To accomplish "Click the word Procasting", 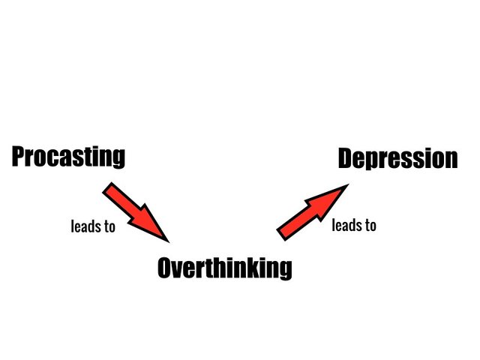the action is click(68, 157).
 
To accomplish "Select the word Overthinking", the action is click(225, 268).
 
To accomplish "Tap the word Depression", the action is click(398, 158).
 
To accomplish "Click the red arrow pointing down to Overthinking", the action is click(136, 212).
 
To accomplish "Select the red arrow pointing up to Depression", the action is click(313, 212).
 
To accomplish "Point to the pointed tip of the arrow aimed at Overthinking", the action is click(169, 242).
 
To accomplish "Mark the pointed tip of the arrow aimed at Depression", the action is click(349, 184).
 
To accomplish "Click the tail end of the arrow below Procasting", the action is click(106, 187).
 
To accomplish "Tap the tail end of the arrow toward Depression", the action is click(281, 235).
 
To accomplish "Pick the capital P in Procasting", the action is click(18, 157).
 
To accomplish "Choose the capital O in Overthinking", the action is click(165, 268).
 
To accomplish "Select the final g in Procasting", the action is click(118, 159).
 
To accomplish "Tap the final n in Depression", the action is click(451, 160).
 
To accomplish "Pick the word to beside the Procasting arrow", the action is click(109, 226).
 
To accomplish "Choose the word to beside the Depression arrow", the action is click(370, 226).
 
